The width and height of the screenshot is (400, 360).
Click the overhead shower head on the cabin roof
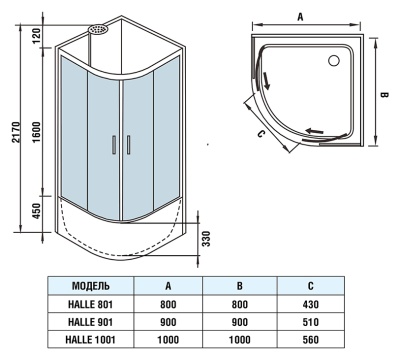pyautogui.click(x=97, y=30)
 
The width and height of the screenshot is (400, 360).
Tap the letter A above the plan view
pyautogui.click(x=300, y=16)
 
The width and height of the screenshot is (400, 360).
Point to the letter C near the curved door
pyautogui.click(x=260, y=133)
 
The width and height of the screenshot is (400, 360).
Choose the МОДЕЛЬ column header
pyautogui.click(x=99, y=285)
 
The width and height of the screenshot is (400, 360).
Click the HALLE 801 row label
pyautogui.click(x=99, y=302)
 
